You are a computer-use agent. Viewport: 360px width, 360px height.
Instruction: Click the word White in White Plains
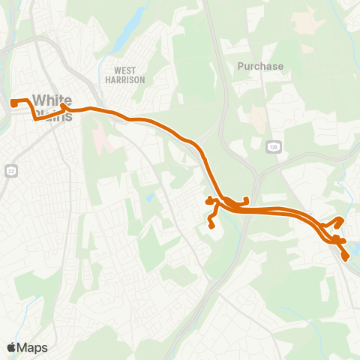[x=53, y=100]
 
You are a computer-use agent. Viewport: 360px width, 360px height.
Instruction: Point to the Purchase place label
[x=260, y=66]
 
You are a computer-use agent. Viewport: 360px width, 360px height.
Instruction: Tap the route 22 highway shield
[x=9, y=171]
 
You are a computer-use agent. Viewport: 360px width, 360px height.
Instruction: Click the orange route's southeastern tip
[x=346, y=258]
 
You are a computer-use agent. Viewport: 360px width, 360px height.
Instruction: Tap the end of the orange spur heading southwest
[x=211, y=225]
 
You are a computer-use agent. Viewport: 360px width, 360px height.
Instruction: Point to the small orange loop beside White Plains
[x=65, y=109]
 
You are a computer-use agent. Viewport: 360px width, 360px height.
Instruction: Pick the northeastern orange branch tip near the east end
[x=341, y=219]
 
